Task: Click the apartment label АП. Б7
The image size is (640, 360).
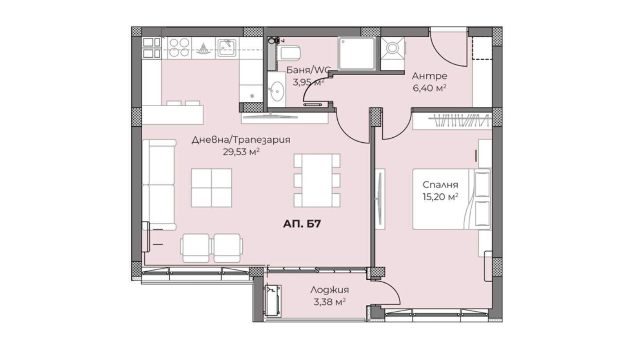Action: (302, 224)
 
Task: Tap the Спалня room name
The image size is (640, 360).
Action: (440, 184)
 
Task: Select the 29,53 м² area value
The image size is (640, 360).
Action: (241, 152)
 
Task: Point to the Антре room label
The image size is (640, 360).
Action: (429, 76)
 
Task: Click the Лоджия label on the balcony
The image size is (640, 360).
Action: (330, 290)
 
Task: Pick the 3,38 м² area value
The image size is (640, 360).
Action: (330, 302)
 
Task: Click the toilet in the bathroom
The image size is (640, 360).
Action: (288, 52)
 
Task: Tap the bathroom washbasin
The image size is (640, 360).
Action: (277, 91)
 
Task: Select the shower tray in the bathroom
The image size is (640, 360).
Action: (357, 53)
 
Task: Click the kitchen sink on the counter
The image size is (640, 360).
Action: (227, 48)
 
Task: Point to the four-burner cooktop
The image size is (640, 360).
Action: (179, 48)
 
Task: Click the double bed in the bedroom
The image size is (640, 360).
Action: (452, 199)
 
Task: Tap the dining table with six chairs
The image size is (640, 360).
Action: (317, 180)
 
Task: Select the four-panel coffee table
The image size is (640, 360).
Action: (212, 188)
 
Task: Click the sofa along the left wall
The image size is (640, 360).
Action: (159, 184)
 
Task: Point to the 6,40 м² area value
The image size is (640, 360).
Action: (429, 88)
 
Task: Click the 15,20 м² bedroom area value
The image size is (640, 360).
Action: (440, 196)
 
